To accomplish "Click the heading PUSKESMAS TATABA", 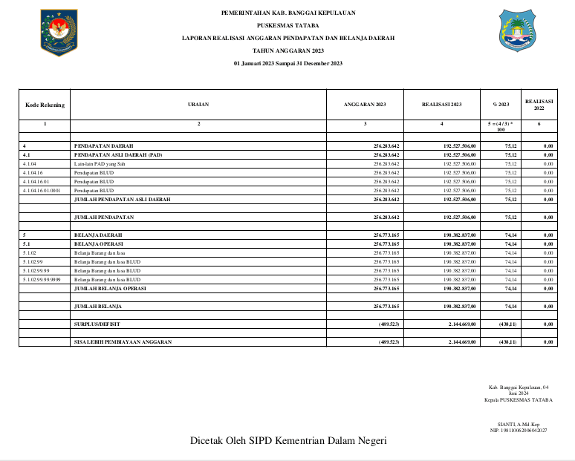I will [x=288, y=25].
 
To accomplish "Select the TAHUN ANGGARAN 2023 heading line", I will [x=288, y=50].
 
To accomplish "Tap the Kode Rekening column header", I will [x=45, y=105].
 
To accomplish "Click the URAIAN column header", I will [x=198, y=105].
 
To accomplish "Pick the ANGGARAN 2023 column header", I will [x=365, y=105].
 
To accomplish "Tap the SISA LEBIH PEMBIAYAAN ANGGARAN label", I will [x=123, y=341].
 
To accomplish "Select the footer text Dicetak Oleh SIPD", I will [x=288, y=441].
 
